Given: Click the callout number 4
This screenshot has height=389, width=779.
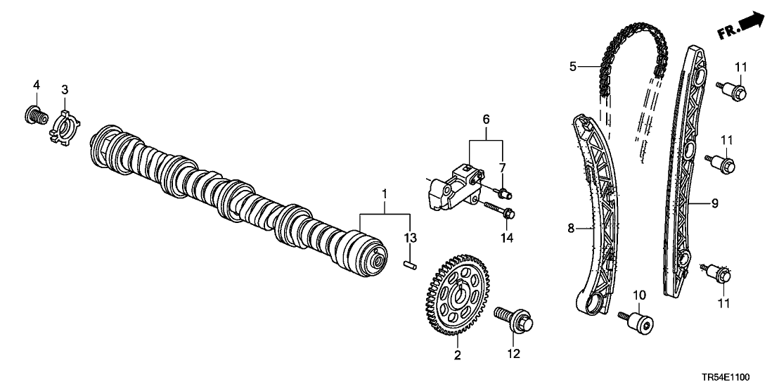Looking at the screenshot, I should point(37,85).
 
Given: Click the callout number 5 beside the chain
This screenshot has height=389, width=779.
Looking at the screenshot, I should point(573,68).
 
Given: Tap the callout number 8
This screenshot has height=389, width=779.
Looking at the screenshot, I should point(572,227).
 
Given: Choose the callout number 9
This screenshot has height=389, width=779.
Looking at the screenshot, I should point(714,205).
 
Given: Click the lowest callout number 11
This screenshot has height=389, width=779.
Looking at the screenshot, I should point(723,304).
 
